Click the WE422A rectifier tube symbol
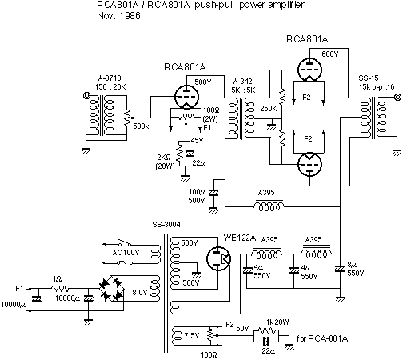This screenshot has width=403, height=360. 218,258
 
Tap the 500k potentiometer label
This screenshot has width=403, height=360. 141,126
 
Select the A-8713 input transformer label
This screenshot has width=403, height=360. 110,78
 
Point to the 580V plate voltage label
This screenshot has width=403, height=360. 203,82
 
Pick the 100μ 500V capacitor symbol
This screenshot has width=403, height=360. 213,193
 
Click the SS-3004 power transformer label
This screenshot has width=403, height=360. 166,225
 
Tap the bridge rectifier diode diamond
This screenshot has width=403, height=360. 111,289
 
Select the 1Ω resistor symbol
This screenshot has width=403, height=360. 60,289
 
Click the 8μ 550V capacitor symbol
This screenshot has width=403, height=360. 340,269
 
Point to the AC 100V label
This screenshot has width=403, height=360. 126,252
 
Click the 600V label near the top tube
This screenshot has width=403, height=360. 330,54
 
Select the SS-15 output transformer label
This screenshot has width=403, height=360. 369,78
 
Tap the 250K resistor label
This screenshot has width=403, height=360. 269,109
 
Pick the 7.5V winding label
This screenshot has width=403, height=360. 192,336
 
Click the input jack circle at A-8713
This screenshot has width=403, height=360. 86,95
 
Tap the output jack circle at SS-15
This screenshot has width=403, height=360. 397,97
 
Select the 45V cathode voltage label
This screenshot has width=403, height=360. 197,140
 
